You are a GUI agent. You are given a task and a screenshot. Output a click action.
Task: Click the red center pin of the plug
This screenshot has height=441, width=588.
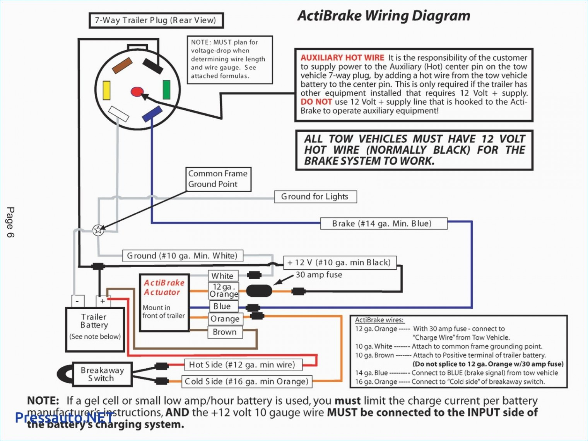(137, 92)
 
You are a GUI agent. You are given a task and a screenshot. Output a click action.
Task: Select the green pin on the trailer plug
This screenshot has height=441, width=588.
(166, 90)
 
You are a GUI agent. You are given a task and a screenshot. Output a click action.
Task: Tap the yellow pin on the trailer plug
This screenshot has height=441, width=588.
(106, 90)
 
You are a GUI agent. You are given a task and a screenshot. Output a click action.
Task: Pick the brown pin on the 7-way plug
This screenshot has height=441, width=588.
(122, 65)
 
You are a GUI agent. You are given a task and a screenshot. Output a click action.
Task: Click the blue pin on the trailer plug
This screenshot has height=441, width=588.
(152, 114)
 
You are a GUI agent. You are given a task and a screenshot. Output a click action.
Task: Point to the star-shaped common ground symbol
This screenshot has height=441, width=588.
(98, 230)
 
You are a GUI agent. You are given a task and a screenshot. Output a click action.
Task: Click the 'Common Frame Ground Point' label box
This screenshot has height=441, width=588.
(218, 179)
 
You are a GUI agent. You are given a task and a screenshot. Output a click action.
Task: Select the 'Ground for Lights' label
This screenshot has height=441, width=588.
(315, 197)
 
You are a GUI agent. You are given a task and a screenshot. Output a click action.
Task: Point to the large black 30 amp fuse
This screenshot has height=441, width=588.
(259, 291)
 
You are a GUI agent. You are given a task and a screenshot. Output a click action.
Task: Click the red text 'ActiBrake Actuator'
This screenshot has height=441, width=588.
(164, 287)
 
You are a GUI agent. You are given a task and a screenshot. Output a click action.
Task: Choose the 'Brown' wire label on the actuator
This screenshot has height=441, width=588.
(225, 332)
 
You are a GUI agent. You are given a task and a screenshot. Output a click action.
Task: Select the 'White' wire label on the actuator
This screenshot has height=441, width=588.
(222, 276)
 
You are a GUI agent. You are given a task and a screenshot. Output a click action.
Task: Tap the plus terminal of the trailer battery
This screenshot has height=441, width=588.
(103, 301)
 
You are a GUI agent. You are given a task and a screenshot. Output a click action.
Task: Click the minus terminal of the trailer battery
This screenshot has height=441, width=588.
(78, 301)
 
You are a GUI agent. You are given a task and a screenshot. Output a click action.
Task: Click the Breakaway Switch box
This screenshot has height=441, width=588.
(102, 374)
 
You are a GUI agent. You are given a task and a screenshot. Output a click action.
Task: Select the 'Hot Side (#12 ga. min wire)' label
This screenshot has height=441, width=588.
(242, 364)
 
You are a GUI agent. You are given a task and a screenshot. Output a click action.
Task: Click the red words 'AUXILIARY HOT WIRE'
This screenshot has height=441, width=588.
(342, 58)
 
